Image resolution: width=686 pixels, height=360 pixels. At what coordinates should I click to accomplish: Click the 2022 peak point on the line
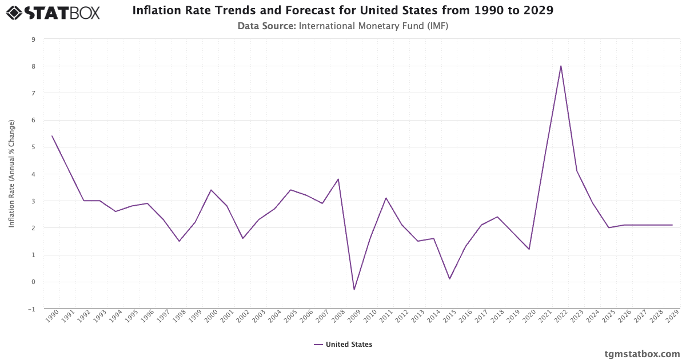(561, 66)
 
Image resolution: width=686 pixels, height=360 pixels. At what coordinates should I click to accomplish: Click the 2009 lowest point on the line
(354, 290)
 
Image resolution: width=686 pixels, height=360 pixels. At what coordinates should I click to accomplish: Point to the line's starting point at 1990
(52, 136)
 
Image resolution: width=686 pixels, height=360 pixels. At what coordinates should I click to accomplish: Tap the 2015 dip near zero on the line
(449, 279)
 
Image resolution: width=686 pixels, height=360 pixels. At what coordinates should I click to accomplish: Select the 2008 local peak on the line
(338, 179)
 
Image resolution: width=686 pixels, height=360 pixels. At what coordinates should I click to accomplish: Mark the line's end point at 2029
(672, 225)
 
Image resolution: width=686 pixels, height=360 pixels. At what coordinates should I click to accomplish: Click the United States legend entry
(343, 345)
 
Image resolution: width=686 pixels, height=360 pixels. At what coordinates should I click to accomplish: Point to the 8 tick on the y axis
(33, 66)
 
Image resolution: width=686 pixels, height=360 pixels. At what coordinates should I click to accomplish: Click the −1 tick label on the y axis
(32, 309)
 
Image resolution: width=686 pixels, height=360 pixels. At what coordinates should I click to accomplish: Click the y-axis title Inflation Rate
(11, 174)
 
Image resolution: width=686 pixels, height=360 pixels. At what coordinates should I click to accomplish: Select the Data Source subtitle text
(343, 26)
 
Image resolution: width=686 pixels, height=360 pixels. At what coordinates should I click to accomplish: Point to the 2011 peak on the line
(386, 198)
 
